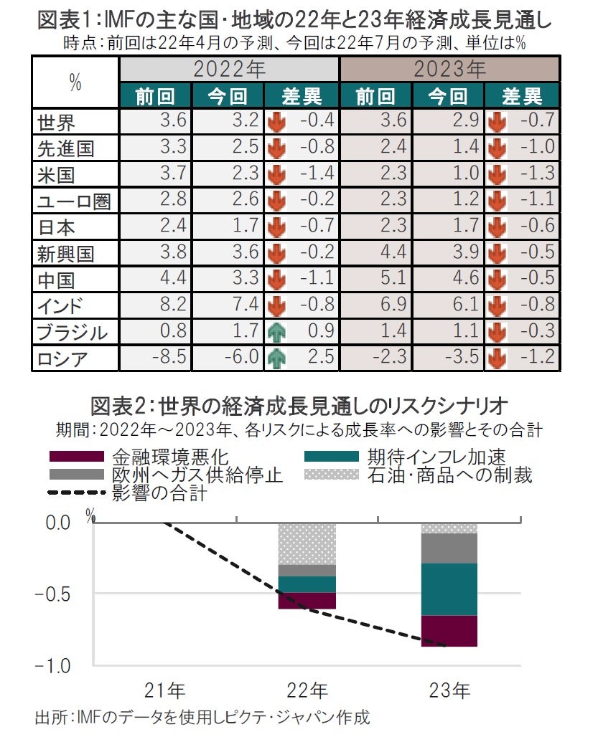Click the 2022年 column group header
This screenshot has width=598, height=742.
coord(229,70)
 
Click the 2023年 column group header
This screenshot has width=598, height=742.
coord(449,70)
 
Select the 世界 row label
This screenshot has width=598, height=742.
coord(57,122)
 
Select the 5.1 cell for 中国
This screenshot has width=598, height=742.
coord(391,279)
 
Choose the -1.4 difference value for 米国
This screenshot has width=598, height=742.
coord(316,173)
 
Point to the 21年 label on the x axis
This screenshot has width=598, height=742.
coord(164,691)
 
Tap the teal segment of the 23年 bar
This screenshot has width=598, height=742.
coord(450,589)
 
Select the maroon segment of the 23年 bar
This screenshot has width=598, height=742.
coord(450,631)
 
